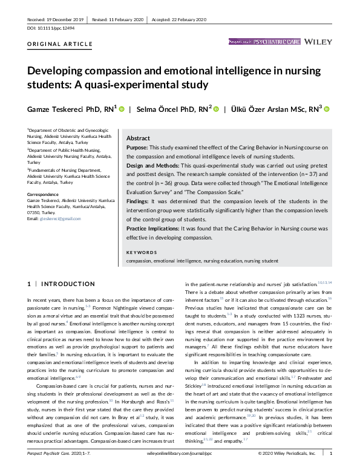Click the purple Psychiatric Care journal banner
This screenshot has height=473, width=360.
[x=264, y=42]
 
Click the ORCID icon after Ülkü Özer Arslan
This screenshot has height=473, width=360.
[x=327, y=109]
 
